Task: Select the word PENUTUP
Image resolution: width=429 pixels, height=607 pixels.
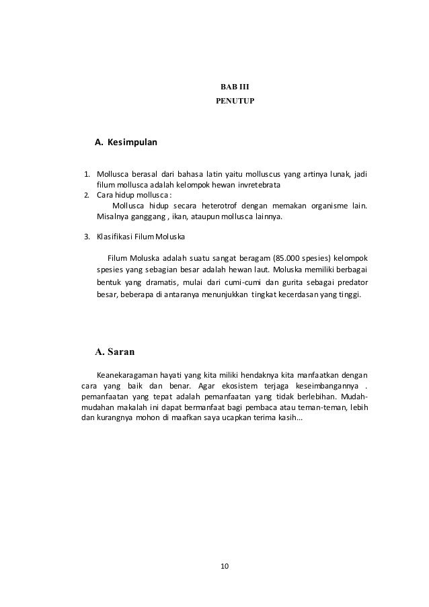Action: [x=235, y=102]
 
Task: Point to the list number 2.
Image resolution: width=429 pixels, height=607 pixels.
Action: [x=85, y=196]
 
